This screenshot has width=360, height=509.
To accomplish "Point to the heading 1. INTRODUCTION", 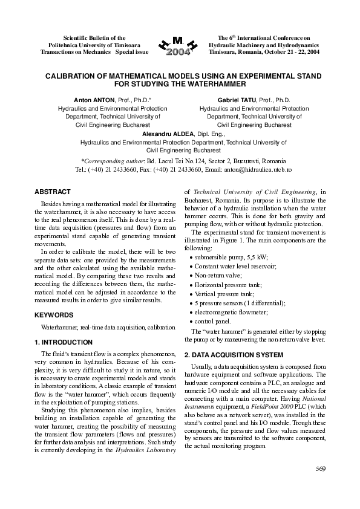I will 64,342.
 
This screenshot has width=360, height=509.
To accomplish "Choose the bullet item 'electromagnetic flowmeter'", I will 232,313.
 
